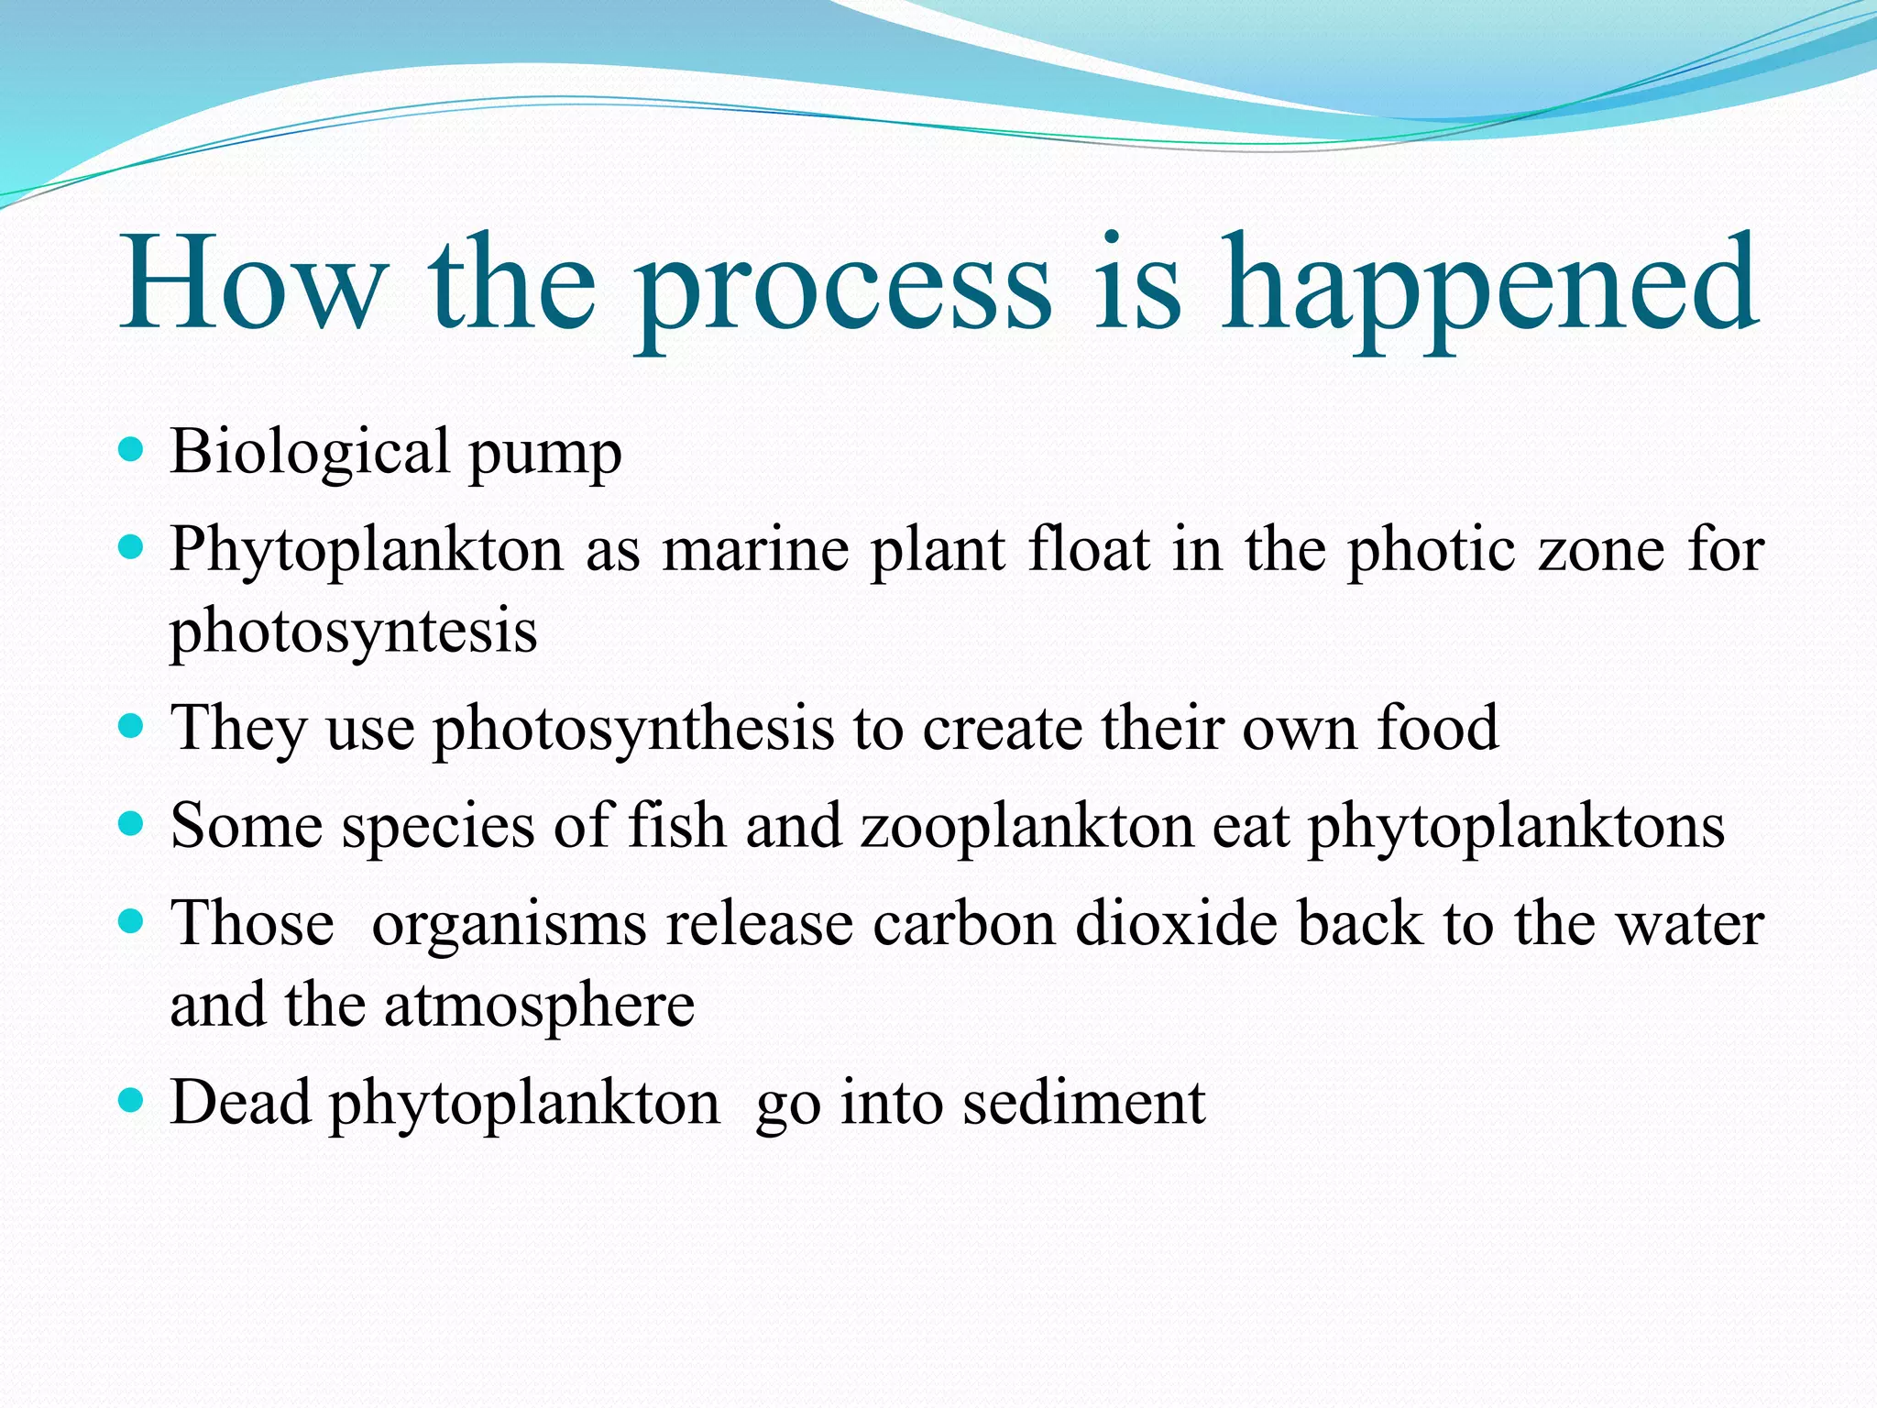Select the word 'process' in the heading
point(843,289)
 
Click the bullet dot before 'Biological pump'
point(132,450)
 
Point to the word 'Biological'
point(310,453)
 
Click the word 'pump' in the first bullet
point(545,456)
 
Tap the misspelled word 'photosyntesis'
point(354,632)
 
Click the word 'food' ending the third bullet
point(1438,728)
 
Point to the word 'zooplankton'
point(1027,827)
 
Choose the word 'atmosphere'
point(539,1006)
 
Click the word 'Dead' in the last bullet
point(240,1102)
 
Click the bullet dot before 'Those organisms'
point(132,920)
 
